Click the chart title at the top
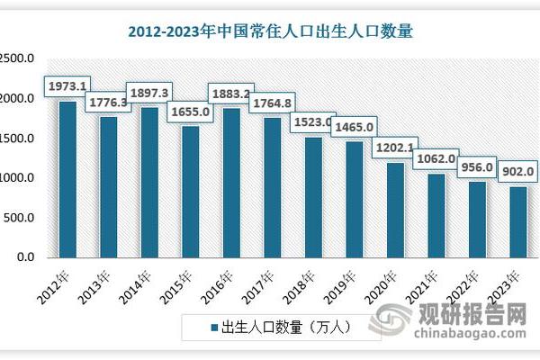point(269,32)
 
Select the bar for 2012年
point(67,180)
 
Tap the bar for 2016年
point(231,184)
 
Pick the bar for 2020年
point(395,211)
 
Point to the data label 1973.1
point(67,86)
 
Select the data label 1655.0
point(190,111)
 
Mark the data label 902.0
point(517,172)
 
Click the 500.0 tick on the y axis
point(18,218)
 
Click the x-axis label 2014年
point(135,280)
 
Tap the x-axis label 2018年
point(299,280)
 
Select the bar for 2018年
point(313,197)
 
